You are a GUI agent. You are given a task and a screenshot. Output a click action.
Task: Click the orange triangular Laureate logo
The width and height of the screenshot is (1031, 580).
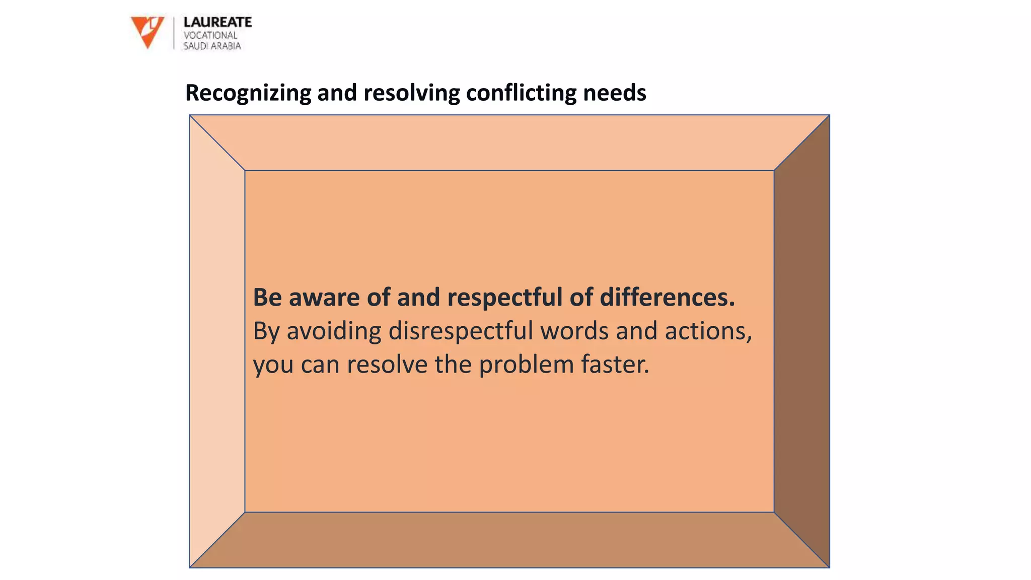[x=146, y=30]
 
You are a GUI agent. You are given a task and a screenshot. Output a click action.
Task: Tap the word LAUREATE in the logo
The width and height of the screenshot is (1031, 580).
[x=217, y=22]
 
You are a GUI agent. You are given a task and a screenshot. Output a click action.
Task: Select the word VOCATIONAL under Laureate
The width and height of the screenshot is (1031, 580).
[x=210, y=35]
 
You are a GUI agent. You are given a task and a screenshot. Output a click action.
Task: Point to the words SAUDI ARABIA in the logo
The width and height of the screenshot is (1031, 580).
[x=212, y=46]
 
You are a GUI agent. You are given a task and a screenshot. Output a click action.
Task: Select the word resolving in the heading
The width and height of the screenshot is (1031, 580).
[x=411, y=93]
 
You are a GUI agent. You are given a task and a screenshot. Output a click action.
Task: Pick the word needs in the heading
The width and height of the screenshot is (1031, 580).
[x=614, y=93]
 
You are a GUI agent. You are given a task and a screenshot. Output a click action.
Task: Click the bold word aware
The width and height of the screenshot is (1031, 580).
[x=324, y=298]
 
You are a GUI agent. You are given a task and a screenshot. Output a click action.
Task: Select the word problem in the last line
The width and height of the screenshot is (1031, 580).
[x=526, y=365]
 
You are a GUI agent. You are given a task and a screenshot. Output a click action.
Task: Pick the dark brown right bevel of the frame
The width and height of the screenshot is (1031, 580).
[x=801, y=341]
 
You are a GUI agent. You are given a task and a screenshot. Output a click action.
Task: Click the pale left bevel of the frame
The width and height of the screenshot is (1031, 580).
[x=217, y=341]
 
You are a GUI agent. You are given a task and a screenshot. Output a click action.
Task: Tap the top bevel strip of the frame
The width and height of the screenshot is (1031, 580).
[x=509, y=143]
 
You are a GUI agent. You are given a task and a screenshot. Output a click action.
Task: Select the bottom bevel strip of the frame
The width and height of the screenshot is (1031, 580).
[x=509, y=540]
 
